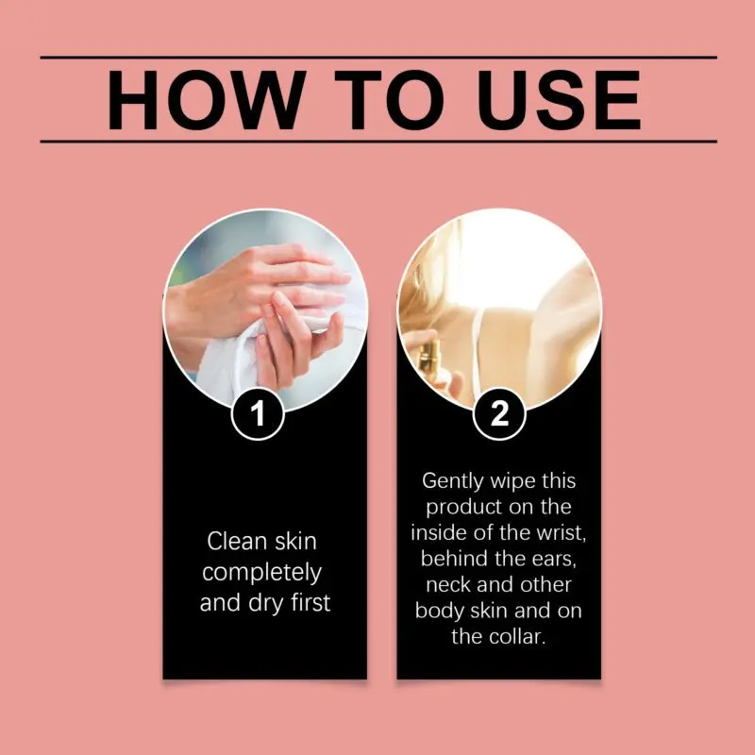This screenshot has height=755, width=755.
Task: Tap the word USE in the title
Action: (559, 100)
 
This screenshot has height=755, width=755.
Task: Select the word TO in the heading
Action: (389, 100)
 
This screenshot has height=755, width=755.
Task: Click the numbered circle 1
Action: (258, 413)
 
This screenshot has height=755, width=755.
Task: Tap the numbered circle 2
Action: (499, 413)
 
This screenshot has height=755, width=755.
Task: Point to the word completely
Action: (262, 573)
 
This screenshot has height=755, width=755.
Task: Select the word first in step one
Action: (310, 602)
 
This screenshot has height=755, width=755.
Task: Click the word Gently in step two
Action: (453, 481)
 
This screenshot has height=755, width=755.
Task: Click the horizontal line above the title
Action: (378, 57)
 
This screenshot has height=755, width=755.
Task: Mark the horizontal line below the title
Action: (378, 142)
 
